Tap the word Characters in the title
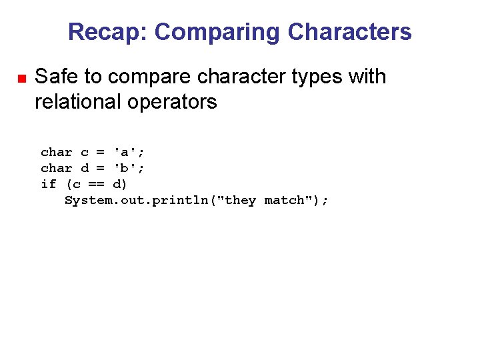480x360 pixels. click(350, 32)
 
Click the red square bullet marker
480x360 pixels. click(21, 79)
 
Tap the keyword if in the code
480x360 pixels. click(49, 184)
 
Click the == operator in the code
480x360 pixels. click(96, 184)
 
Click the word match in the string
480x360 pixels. click(284, 200)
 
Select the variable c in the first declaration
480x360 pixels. click(84, 152)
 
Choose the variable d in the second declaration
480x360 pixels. click(84, 168)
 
